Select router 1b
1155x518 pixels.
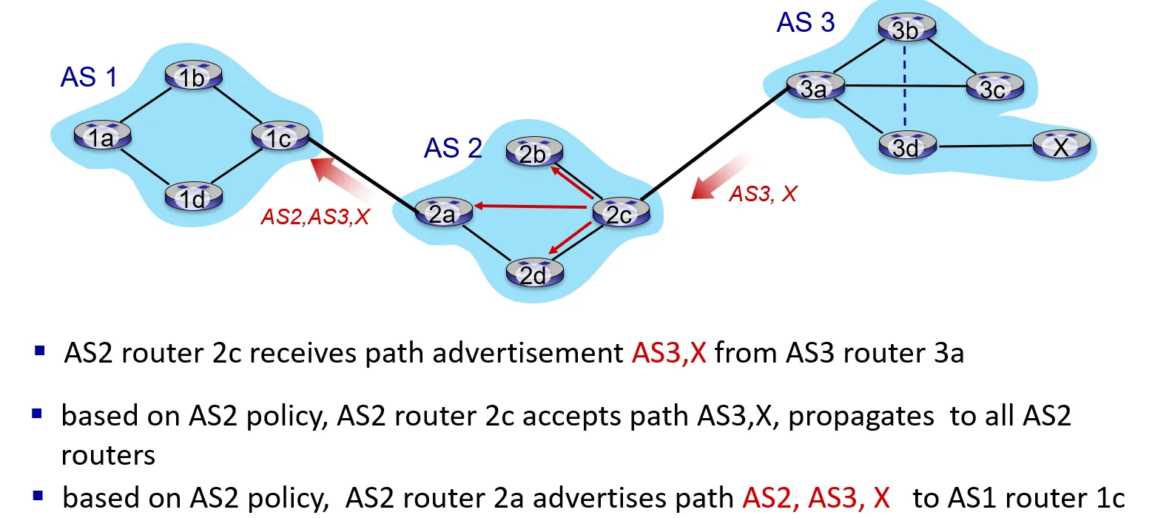click(x=192, y=76)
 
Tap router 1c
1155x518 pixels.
click(x=279, y=137)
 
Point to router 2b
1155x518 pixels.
click(x=533, y=153)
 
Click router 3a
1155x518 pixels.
click(x=813, y=87)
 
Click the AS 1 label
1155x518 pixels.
click(x=89, y=77)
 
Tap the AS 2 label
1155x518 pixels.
click(x=453, y=149)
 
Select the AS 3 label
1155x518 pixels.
click(x=805, y=22)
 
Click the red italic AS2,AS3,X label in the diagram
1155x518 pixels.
click(x=315, y=218)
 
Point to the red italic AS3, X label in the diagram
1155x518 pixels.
click(x=764, y=195)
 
